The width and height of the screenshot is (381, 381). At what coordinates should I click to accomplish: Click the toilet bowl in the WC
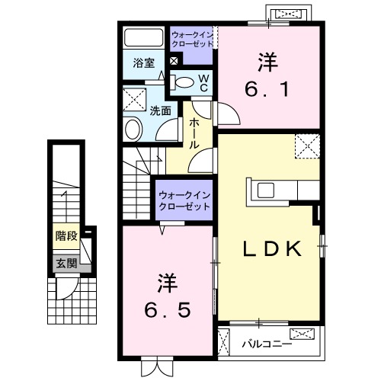coord(183,83)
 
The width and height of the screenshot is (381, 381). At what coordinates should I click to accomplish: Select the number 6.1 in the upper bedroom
coord(267,90)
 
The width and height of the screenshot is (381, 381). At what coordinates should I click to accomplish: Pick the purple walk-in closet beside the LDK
coord(184,200)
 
